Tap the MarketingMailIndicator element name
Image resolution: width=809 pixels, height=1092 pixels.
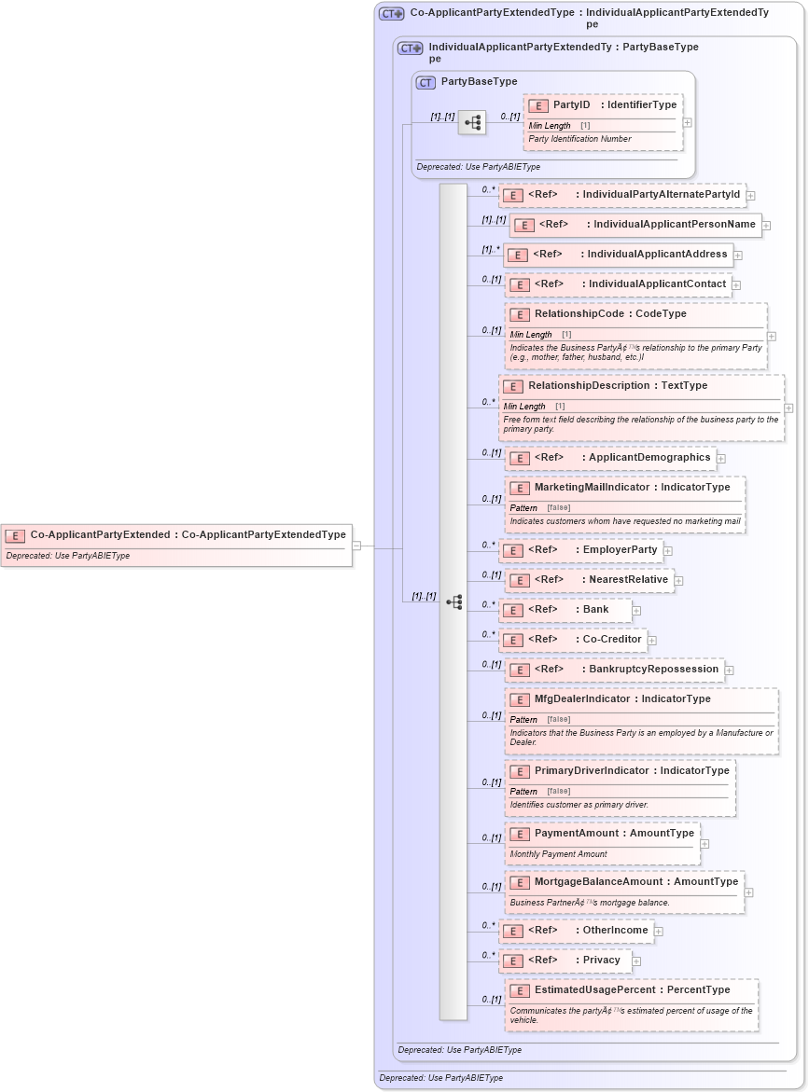click(592, 488)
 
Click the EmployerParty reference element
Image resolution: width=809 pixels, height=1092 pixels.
click(620, 550)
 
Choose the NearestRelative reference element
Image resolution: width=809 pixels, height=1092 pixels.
click(628, 580)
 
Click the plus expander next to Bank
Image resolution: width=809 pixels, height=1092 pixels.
click(637, 611)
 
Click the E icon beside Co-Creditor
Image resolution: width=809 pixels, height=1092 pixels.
click(512, 641)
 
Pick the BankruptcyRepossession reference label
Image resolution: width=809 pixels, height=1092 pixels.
click(653, 670)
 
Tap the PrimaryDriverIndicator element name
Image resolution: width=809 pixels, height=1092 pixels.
click(592, 771)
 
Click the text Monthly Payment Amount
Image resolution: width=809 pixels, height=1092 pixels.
click(558, 854)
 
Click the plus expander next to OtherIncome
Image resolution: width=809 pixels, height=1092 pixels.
click(659, 932)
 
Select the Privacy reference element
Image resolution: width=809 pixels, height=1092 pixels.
click(601, 961)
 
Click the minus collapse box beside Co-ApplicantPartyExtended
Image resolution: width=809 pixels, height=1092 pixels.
click(356, 546)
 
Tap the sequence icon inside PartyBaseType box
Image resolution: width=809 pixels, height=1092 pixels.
click(472, 122)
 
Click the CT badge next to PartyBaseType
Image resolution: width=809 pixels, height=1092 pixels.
click(425, 82)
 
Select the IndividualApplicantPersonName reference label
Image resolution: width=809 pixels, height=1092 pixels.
click(674, 225)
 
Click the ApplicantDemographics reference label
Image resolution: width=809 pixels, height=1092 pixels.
click(649, 458)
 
